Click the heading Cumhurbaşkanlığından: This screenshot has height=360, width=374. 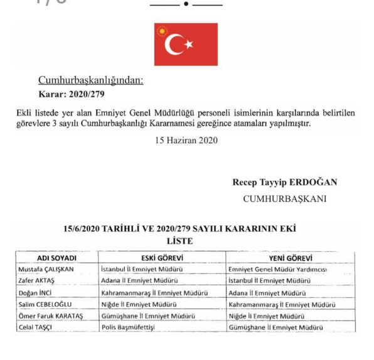pos(91,81)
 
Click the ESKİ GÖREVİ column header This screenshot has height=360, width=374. pos(162,257)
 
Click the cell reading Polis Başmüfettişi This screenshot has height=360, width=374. pos(132,327)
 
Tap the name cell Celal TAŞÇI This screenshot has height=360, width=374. pos(38,327)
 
